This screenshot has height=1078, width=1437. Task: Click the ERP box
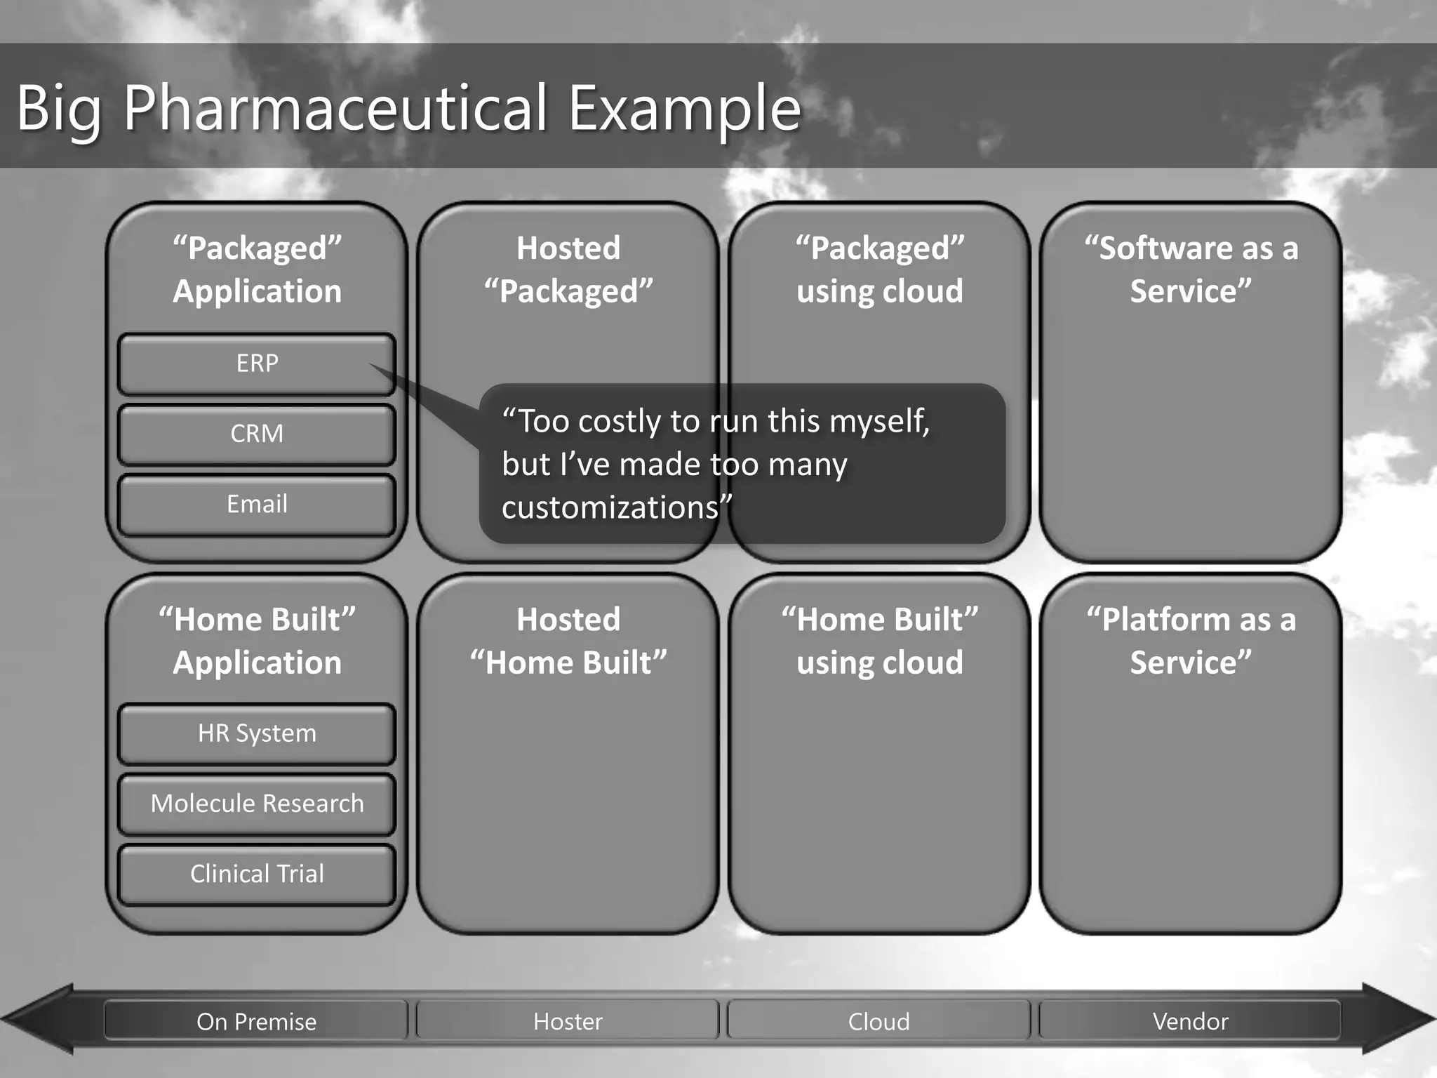tap(257, 364)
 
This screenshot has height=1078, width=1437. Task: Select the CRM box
tap(257, 434)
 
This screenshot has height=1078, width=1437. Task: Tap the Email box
tap(257, 504)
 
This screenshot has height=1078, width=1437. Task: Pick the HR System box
tap(257, 733)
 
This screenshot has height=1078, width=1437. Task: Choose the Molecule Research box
tap(257, 804)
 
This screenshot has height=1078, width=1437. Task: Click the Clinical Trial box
tap(257, 874)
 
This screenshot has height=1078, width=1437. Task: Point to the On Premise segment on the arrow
tap(256, 1021)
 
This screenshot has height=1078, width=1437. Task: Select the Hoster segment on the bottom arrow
tap(568, 1021)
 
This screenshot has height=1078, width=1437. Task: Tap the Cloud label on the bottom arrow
tap(878, 1021)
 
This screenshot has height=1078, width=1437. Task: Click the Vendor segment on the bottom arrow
tap(1190, 1021)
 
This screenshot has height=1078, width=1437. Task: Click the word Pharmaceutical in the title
tap(335, 109)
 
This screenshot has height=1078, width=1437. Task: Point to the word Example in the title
tap(684, 109)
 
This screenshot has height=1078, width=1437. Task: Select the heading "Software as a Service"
tap(1191, 269)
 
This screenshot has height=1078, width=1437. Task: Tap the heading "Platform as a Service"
tap(1191, 641)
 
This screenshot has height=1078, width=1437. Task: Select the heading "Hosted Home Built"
tap(568, 641)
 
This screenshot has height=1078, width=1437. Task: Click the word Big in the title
tap(59, 109)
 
